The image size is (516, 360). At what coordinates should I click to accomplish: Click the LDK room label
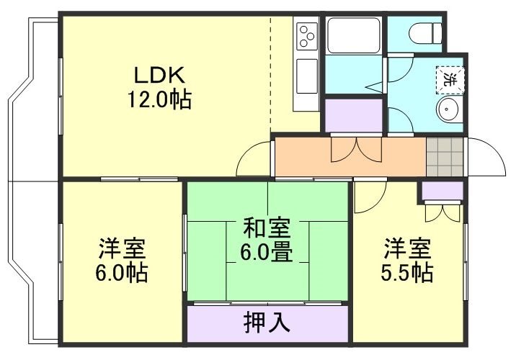pos(159,76)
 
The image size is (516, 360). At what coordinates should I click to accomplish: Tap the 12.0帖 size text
pos(159,100)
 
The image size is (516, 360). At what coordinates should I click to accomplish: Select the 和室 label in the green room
pos(267,228)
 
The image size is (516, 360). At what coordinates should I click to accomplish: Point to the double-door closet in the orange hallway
pos(356,150)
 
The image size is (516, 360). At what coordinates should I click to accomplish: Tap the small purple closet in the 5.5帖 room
pos(442,191)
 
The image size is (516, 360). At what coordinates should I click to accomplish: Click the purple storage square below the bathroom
pos(352,114)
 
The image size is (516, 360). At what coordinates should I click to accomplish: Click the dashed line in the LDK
pos(272,72)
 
